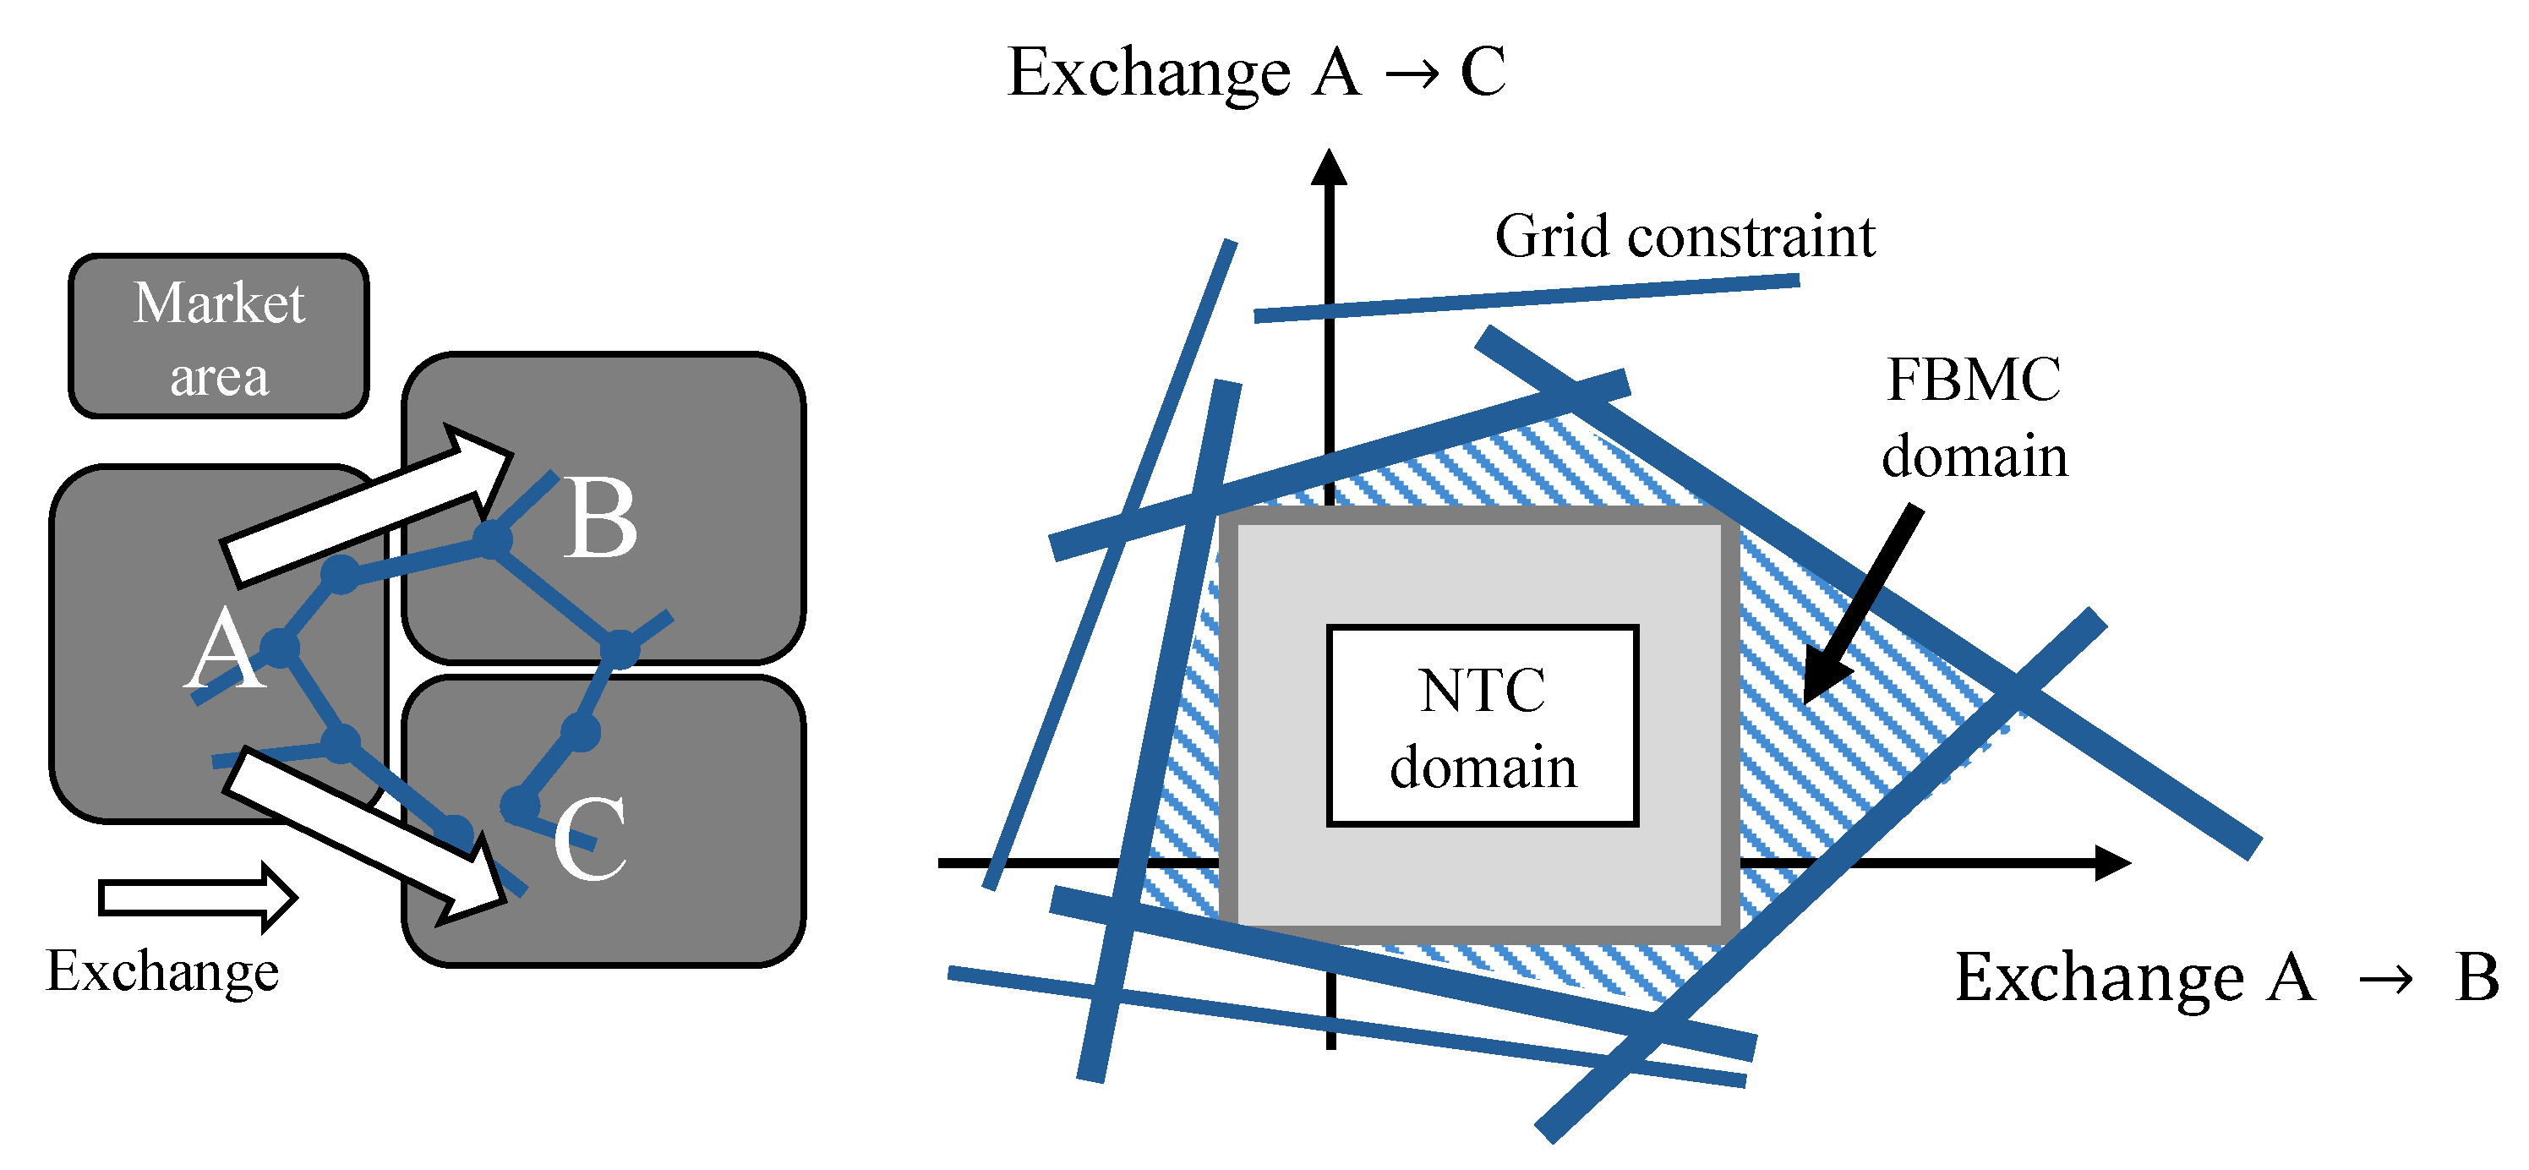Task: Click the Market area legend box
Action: [x=218, y=336]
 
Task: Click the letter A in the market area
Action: [x=225, y=650]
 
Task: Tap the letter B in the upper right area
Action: [x=600, y=519]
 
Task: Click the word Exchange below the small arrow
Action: [x=162, y=971]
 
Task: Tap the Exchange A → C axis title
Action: [x=1256, y=73]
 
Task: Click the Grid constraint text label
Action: [x=1685, y=237]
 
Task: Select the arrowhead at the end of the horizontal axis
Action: [x=2111, y=863]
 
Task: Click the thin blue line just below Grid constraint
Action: [x=1527, y=298]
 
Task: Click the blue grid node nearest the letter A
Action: [x=279, y=648]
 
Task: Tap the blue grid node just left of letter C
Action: [x=519, y=806]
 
